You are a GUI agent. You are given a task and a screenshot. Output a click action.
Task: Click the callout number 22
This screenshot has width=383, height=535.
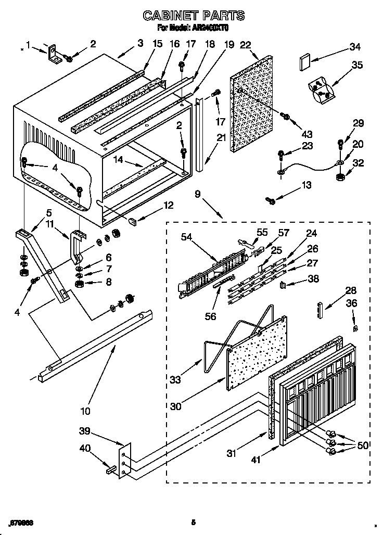coord(246,45)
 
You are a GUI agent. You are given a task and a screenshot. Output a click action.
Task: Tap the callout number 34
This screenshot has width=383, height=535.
coord(355,47)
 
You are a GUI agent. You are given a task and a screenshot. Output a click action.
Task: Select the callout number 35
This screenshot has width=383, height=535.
coord(357,66)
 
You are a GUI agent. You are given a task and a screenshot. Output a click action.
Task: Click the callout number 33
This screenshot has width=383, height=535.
coord(175,380)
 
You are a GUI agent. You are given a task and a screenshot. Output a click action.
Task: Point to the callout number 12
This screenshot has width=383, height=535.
coord(168,205)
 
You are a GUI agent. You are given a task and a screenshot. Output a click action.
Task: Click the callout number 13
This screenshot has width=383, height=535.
coord(307,185)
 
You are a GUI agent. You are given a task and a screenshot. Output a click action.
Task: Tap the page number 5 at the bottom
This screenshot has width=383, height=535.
coord(193,522)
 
